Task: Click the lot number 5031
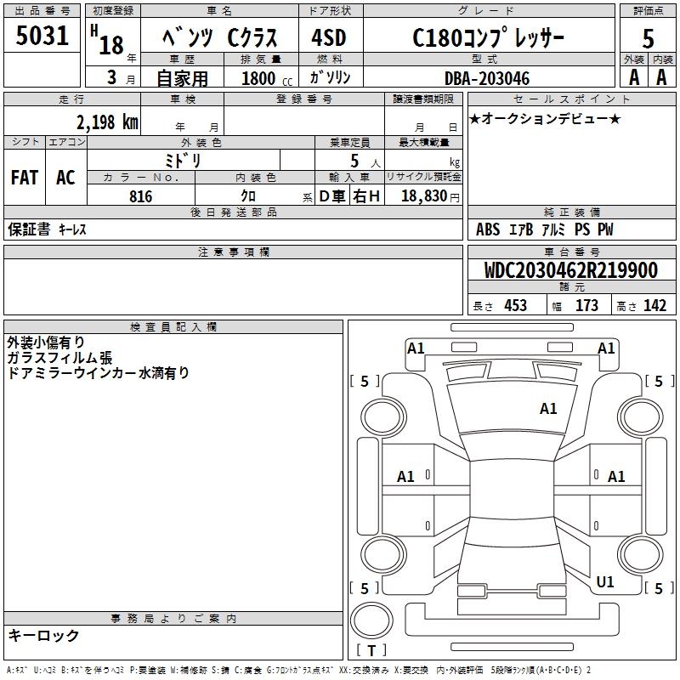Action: (42, 37)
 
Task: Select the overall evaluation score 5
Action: (648, 38)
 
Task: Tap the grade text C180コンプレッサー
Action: (488, 37)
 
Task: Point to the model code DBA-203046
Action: (487, 78)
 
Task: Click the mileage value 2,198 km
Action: (106, 122)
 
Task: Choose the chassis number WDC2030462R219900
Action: (570, 270)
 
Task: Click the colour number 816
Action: (141, 196)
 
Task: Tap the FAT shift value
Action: (25, 178)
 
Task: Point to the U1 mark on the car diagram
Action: (605, 581)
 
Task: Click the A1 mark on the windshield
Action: (548, 409)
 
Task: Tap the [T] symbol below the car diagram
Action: (371, 651)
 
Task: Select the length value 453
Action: (515, 306)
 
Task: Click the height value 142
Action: (654, 306)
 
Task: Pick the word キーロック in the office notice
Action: (43, 635)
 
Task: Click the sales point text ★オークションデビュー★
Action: (545, 118)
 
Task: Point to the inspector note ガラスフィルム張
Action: (59, 358)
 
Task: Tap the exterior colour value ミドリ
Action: (182, 160)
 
